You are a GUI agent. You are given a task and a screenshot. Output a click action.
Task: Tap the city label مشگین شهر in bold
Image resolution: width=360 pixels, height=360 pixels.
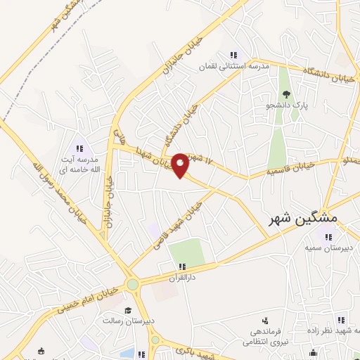click(303, 218)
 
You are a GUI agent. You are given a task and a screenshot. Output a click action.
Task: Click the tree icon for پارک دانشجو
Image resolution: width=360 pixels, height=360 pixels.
click(286, 94)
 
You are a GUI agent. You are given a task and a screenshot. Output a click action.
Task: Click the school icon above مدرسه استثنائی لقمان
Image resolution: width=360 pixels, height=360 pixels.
click(233, 55)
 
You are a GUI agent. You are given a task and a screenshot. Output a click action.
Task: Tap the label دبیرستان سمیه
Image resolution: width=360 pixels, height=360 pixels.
click(328, 247)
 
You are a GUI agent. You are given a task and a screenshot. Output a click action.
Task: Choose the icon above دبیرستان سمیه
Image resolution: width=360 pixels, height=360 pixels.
click(326, 236)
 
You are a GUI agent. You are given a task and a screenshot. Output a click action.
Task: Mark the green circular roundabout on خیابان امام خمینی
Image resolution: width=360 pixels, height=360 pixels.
click(132, 285)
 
